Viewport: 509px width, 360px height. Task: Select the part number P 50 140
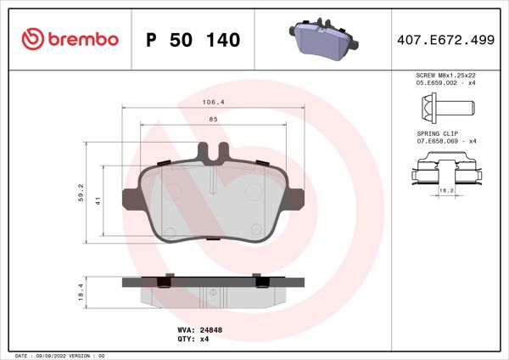(x=193, y=39)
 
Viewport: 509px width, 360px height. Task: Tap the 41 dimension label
(x=98, y=201)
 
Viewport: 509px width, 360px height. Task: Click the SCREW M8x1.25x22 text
(x=445, y=76)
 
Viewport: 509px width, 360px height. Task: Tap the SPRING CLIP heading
(x=437, y=133)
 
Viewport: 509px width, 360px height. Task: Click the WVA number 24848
(x=210, y=329)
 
